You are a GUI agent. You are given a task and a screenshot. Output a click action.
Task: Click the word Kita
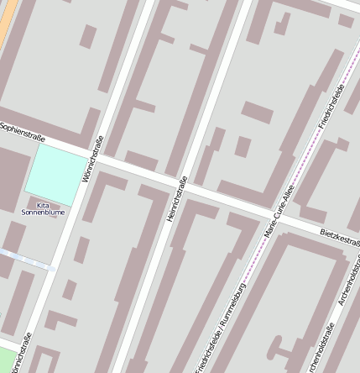43,204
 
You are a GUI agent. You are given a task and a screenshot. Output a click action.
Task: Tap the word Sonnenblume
43,213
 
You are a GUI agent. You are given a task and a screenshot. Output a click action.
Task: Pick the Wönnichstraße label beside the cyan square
88,160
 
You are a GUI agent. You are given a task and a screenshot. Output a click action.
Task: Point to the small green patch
7,357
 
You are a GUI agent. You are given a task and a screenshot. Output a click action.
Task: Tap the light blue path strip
25,258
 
